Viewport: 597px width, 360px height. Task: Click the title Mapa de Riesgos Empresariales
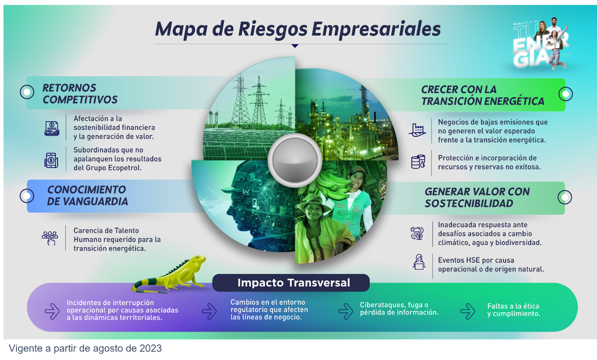[298, 29]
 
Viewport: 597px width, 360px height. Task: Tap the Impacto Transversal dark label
[291, 283]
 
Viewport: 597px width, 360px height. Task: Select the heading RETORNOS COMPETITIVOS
[80, 93]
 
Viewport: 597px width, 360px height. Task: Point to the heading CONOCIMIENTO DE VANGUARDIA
[87, 195]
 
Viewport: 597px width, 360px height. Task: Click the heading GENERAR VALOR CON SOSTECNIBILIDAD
[477, 197]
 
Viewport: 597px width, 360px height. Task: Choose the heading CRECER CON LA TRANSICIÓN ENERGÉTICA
[483, 95]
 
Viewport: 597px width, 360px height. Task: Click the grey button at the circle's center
[295, 160]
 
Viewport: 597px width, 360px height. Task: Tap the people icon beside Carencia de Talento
[50, 238]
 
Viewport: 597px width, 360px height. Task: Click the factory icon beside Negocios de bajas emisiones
[417, 130]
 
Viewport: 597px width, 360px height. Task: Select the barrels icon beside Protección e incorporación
[418, 162]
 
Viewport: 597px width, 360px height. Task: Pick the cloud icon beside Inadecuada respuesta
[417, 233]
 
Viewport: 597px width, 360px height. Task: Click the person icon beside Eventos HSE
[419, 262]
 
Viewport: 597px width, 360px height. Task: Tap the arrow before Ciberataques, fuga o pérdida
[345, 311]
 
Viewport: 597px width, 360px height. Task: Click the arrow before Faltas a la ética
[468, 311]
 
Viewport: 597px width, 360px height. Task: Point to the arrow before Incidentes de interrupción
[52, 311]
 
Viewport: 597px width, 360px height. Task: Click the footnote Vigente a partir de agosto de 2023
[85, 348]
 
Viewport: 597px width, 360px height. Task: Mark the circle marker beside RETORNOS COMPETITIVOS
[27, 92]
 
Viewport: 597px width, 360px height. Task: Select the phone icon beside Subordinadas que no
[51, 160]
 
